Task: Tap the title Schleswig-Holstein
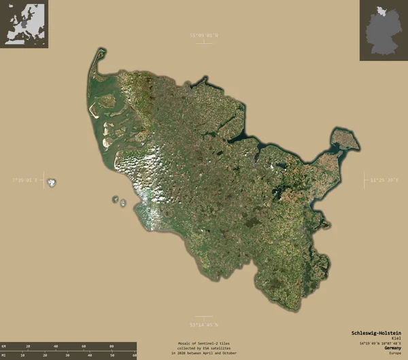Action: click(x=376, y=333)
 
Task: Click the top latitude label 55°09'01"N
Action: click(x=204, y=35)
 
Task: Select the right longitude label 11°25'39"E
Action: click(x=385, y=180)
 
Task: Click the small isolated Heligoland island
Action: click(x=51, y=182)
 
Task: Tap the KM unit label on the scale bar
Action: click(x=4, y=346)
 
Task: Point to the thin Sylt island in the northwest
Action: click(x=93, y=75)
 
